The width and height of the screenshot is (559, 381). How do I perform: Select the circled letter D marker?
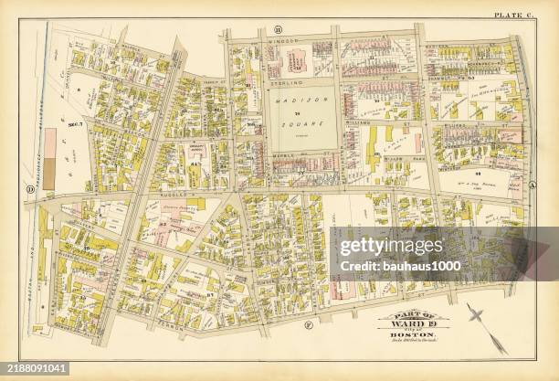(x=29, y=190)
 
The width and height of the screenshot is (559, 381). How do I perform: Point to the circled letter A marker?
(x=532, y=181)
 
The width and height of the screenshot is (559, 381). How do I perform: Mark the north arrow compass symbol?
(x=483, y=325)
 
